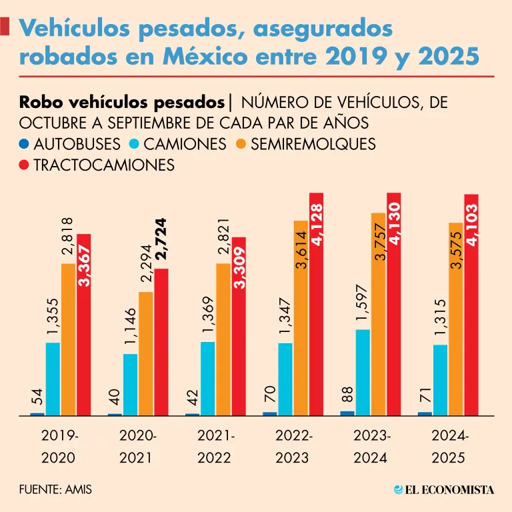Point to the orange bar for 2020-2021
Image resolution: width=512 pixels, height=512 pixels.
pyautogui.click(x=146, y=353)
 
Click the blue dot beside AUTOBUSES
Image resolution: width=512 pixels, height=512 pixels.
pyautogui.click(x=25, y=144)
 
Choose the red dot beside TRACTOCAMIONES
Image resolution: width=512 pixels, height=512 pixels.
pyautogui.click(x=25, y=165)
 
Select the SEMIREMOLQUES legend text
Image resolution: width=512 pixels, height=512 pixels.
pyautogui.click(x=313, y=144)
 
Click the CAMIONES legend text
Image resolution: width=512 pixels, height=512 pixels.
pyautogui.click(x=185, y=144)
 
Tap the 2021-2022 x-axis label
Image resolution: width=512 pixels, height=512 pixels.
pyautogui.click(x=215, y=447)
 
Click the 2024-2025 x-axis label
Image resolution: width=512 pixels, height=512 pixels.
pyautogui.click(x=450, y=447)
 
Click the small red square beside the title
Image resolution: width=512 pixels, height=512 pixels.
pyautogui.click(x=5, y=27)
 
